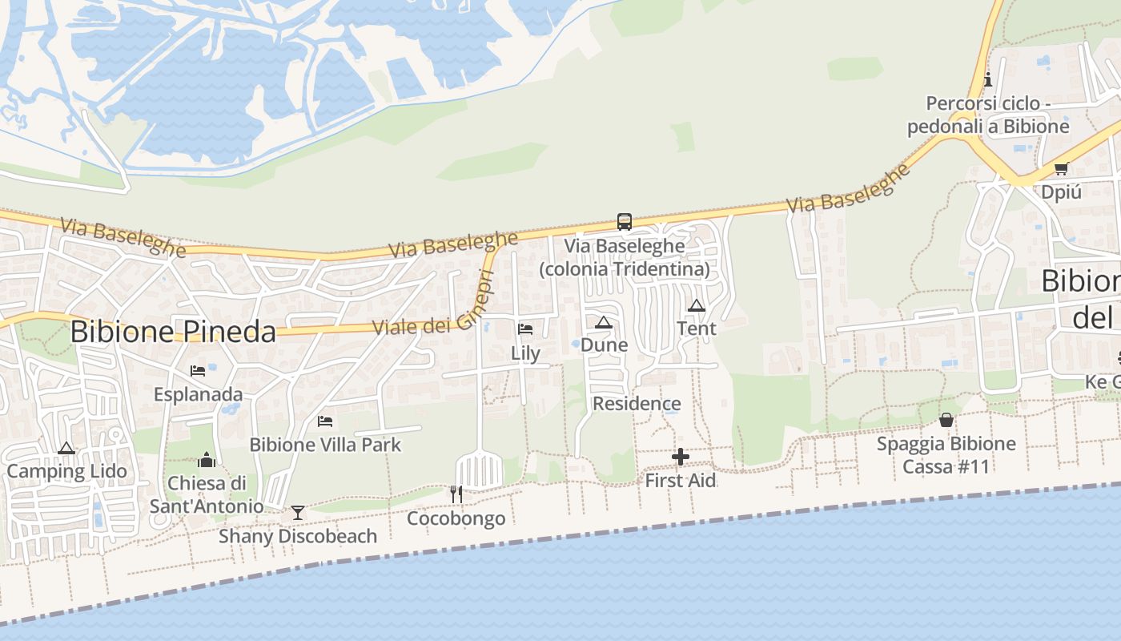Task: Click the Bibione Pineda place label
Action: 173,331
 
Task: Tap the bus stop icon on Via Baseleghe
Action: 624,222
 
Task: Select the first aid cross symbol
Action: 681,457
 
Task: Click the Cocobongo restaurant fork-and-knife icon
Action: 456,494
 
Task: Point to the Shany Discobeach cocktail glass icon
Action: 298,512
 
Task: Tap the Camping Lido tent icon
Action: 66,448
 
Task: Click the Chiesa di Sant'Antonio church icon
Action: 207,460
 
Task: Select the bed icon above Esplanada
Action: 198,370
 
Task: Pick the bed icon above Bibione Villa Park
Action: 325,421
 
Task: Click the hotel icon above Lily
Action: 525,329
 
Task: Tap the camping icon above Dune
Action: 604,322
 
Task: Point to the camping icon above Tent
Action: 697,305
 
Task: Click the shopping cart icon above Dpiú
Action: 1061,168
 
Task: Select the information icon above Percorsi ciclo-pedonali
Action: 987,79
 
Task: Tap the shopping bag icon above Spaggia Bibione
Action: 946,420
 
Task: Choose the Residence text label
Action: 637,403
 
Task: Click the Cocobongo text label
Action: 456,518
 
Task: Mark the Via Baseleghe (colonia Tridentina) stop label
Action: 625,257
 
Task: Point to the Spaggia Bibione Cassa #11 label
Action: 946,455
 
